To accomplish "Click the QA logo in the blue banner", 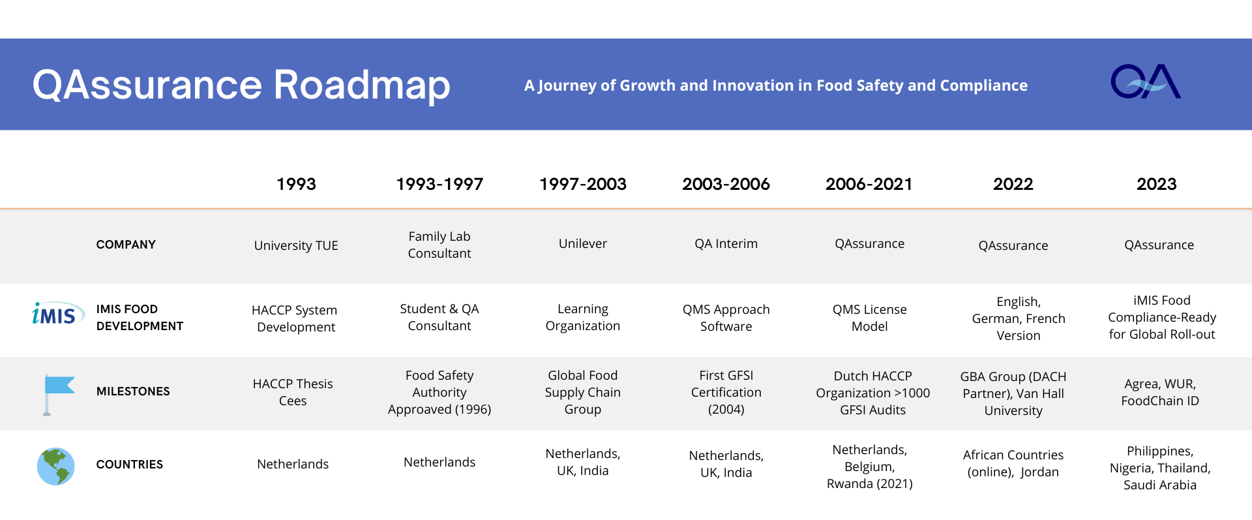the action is (1146, 82).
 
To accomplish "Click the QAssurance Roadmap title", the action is (241, 85).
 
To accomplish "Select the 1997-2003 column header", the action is (583, 184).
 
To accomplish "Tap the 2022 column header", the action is (1013, 184).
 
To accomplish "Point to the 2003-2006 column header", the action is (726, 184).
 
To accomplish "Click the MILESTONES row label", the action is (133, 391).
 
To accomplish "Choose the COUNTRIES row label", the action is (130, 465).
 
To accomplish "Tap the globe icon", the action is (56, 466).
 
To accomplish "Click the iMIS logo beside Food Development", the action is (58, 314).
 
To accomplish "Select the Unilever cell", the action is (583, 243).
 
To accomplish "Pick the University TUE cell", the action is (296, 245).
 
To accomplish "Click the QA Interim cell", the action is (726, 243).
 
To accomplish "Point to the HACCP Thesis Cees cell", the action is (293, 392).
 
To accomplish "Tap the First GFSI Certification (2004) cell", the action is (726, 392).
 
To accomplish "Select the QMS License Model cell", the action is (870, 318).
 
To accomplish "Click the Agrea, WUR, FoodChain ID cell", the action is (1160, 392).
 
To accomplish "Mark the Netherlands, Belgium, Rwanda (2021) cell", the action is (870, 466).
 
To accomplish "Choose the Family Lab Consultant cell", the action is (440, 245).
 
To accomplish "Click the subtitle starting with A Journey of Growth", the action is (776, 85).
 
